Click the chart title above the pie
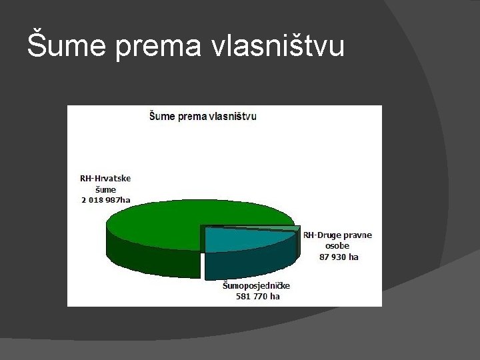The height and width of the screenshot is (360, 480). [x=202, y=116]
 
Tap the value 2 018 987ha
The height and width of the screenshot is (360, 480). [x=105, y=199]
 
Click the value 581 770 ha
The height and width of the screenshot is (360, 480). [x=258, y=296]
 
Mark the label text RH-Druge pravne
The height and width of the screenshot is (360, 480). [x=338, y=235]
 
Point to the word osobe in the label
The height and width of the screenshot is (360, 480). [x=337, y=245]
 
